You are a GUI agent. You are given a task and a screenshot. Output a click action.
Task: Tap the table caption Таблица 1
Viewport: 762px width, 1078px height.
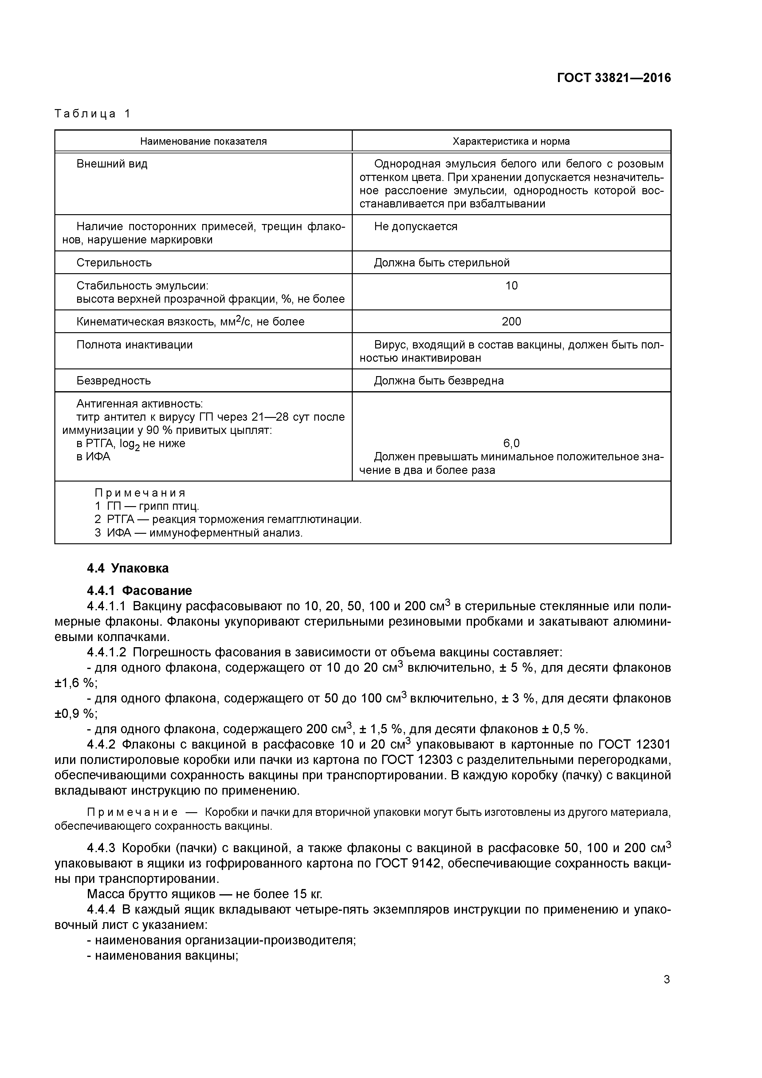pyautogui.click(x=92, y=114)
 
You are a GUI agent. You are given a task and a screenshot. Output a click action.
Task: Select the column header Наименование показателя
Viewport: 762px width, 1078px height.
pyautogui.click(x=203, y=141)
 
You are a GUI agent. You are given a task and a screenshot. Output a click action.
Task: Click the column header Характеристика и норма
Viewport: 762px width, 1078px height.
pyautogui.click(x=511, y=141)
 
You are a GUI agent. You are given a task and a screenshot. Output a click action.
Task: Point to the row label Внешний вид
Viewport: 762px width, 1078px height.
pyautogui.click(x=112, y=164)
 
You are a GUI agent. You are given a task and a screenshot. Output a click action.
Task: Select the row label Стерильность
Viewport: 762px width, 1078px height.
pyautogui.click(x=114, y=262)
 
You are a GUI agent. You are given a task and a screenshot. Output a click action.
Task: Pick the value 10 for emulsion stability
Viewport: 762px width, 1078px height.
pyautogui.click(x=511, y=285)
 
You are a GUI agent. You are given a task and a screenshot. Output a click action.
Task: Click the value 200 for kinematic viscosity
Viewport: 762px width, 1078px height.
pyautogui.click(x=511, y=322)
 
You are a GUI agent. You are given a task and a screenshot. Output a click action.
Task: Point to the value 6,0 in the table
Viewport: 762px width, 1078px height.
pyautogui.click(x=511, y=443)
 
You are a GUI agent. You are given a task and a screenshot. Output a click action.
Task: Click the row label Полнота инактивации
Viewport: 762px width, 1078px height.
pyautogui.click(x=134, y=344)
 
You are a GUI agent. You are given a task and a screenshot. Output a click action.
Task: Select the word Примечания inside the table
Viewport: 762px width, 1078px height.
pyautogui.click(x=140, y=493)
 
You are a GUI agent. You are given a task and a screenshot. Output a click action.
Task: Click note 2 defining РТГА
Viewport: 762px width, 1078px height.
pyautogui.click(x=228, y=519)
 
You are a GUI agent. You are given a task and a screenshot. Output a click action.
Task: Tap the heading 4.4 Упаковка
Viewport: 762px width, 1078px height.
pyautogui.click(x=128, y=568)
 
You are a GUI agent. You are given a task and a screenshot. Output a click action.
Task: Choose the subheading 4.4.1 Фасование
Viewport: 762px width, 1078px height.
pyautogui.click(x=139, y=590)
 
